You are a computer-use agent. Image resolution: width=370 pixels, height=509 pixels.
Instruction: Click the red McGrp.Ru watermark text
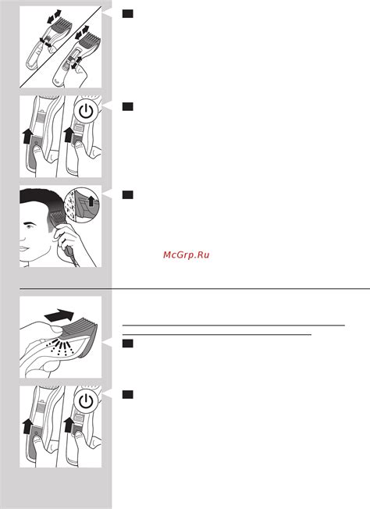click(187, 255)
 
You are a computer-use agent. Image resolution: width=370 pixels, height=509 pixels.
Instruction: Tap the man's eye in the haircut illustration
click(30, 226)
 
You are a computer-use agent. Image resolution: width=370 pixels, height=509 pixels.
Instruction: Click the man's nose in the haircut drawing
click(22, 237)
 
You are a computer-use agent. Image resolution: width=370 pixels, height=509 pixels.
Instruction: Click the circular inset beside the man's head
click(81, 205)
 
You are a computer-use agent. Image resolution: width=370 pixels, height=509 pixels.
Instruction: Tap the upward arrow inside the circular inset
click(91, 201)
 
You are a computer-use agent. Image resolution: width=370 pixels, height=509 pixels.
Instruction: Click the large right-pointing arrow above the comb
click(59, 315)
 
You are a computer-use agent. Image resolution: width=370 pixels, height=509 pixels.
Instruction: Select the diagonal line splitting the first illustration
click(61, 47)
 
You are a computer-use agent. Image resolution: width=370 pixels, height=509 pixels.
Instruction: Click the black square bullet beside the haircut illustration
click(128, 194)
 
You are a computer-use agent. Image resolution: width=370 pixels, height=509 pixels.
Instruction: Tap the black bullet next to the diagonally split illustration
click(128, 13)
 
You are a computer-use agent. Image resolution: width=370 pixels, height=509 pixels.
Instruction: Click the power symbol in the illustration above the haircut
click(86, 112)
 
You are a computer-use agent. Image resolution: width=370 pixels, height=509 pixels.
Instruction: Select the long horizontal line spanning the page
click(194, 288)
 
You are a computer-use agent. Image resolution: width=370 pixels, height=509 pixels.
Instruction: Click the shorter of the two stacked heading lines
click(217, 335)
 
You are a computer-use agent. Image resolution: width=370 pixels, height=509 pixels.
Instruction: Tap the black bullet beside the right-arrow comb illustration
click(128, 343)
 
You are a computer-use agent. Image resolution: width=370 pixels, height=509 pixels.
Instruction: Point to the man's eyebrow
click(30, 222)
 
